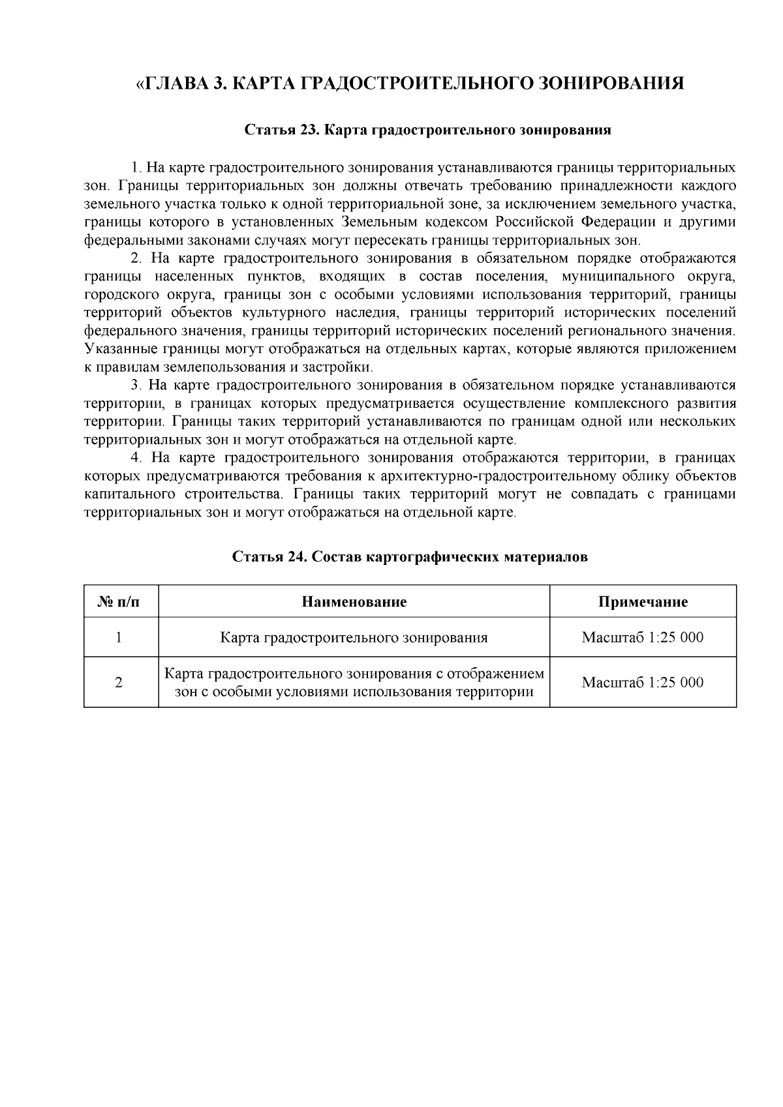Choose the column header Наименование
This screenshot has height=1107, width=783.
(354, 601)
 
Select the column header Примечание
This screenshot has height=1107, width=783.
(643, 601)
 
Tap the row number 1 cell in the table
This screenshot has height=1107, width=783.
(119, 637)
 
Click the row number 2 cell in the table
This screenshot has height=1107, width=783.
(119, 682)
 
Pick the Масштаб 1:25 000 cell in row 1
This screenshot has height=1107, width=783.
(643, 637)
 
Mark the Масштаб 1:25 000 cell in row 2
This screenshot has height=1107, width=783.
(643, 682)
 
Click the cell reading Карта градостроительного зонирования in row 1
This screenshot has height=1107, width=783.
(354, 637)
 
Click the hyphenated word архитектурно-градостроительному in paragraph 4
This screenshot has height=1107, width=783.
(501, 476)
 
